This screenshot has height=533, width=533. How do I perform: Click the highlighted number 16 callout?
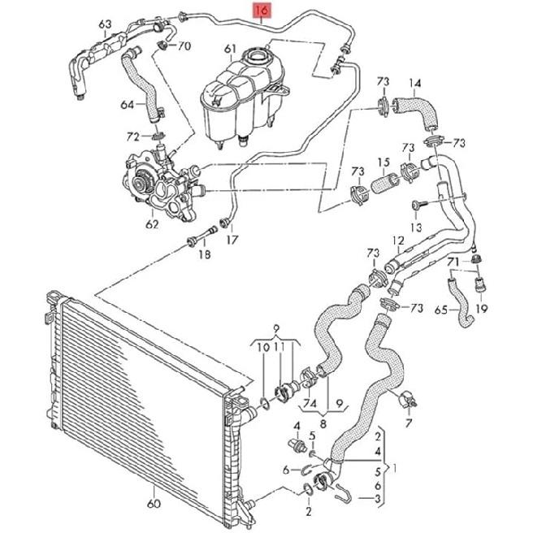point(262,11)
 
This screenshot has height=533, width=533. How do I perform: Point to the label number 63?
point(105,26)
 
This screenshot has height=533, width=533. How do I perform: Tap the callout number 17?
point(232,240)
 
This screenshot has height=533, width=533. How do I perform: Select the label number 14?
point(414,82)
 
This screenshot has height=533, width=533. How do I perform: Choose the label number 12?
point(397,240)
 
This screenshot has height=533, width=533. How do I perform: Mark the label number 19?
point(482,310)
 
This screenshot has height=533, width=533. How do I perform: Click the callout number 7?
point(409,422)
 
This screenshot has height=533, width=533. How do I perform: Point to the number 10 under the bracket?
point(263,347)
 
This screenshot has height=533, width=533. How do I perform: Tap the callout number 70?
point(184,45)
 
